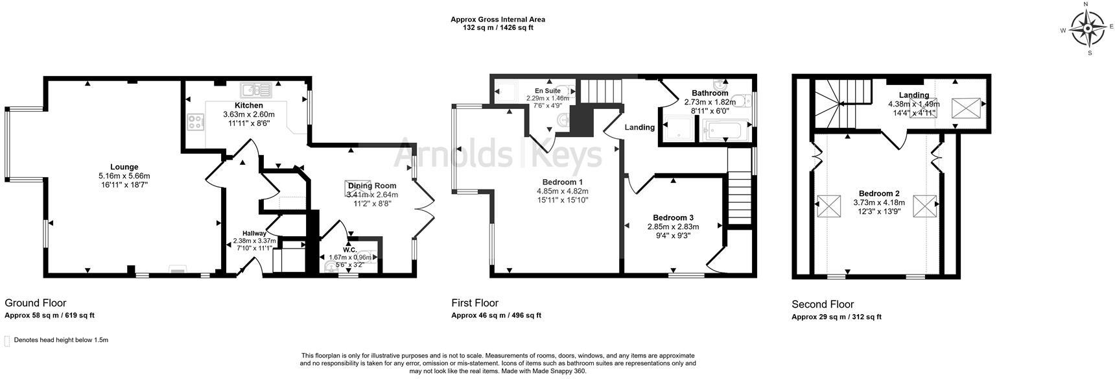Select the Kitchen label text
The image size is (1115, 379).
point(249,105)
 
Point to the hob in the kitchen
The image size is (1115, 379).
point(195,121)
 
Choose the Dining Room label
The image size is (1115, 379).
point(372,186)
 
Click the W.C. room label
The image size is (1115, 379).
point(350,249)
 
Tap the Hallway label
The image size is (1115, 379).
point(254,233)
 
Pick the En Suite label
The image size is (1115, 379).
point(548,91)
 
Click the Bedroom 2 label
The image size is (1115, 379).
point(879,193)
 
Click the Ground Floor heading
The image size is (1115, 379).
point(36,303)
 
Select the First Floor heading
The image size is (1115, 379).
point(475,303)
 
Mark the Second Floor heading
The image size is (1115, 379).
point(823,304)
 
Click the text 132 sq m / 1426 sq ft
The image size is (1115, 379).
point(498,28)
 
